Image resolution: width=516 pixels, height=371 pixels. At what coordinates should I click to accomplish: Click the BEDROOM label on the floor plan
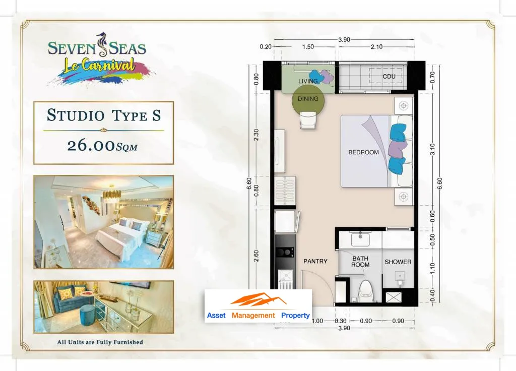click(x=363, y=152)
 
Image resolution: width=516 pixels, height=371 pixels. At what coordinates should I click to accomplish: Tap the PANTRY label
click(x=315, y=262)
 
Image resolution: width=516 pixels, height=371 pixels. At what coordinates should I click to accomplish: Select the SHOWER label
click(x=398, y=262)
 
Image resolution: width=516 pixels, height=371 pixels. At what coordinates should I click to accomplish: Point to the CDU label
click(x=389, y=77)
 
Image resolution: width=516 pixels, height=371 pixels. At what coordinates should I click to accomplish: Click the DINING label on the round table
click(x=308, y=99)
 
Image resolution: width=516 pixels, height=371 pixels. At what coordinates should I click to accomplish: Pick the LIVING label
click(x=308, y=81)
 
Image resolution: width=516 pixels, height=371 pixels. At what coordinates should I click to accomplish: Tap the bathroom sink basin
click(x=360, y=239)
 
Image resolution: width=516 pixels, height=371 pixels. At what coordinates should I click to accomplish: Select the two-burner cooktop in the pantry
click(x=285, y=253)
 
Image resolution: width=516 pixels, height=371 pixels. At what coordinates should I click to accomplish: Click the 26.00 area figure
click(x=91, y=146)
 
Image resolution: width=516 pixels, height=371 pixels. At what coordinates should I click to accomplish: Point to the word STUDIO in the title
click(x=76, y=115)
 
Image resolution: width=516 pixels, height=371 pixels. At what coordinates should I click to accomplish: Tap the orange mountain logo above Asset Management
click(x=258, y=299)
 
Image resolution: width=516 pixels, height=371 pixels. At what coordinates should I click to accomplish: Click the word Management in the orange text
click(x=253, y=316)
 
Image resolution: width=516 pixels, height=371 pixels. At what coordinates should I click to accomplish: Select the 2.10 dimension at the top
click(x=376, y=47)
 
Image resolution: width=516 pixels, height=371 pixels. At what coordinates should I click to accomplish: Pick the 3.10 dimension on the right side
click(x=432, y=149)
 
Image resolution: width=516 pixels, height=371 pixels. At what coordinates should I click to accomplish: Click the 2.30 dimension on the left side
click(x=256, y=135)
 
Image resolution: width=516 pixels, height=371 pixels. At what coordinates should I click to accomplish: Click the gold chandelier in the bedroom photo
click(x=112, y=194)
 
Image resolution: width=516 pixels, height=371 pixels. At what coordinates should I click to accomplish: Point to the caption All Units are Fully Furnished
click(x=100, y=342)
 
